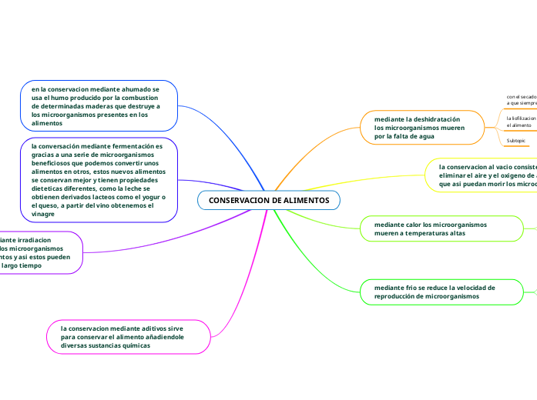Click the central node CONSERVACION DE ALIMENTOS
[x=268, y=200]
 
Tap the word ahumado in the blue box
[x=135, y=90]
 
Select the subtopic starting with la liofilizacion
[x=521, y=122]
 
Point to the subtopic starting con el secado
[x=521, y=99]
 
